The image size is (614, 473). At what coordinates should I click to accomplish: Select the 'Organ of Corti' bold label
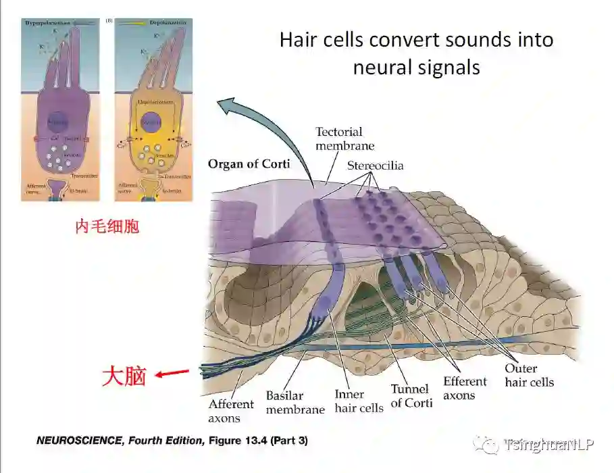(x=249, y=164)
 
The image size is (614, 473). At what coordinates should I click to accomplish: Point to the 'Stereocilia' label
(x=376, y=166)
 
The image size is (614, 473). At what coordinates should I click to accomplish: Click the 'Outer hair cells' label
(x=530, y=375)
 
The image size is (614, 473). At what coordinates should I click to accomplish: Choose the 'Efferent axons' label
(x=465, y=389)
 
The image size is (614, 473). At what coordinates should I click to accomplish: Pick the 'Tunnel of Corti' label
(x=410, y=396)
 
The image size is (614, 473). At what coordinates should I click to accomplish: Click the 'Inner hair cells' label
(x=359, y=401)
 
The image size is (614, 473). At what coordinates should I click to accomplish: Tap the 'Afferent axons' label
(x=231, y=411)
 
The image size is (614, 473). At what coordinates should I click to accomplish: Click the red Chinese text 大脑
(x=124, y=376)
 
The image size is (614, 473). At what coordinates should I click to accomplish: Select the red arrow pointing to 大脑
(x=172, y=372)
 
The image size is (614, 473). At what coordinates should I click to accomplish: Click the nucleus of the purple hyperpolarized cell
(x=58, y=122)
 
